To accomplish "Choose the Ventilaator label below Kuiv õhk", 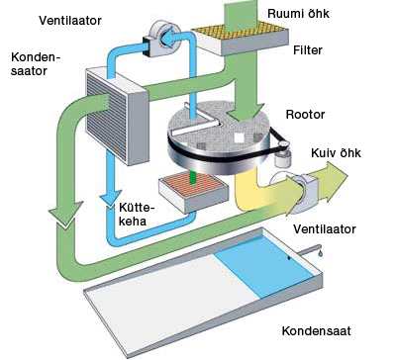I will coord(324,228).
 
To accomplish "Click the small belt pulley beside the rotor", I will coord(285,149).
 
